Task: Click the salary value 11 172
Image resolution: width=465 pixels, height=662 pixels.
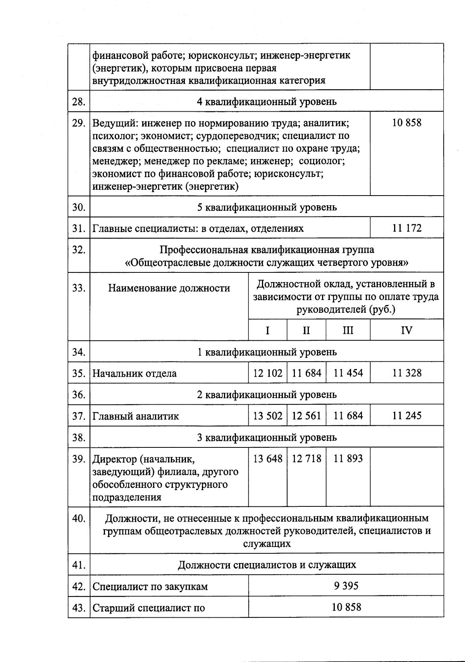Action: [x=406, y=228]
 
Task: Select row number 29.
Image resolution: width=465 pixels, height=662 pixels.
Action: [x=79, y=123]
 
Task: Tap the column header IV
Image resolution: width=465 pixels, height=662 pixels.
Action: [x=406, y=330]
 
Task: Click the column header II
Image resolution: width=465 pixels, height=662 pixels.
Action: [x=306, y=330]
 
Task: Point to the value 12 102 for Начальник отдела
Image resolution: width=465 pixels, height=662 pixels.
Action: [x=268, y=373]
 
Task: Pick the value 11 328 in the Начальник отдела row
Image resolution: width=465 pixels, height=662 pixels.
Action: [x=406, y=373]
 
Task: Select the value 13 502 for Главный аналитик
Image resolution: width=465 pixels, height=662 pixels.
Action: [x=268, y=416]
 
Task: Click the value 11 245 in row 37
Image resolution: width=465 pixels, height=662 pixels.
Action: [x=406, y=416]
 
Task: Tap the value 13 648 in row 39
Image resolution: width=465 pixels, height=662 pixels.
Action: [x=268, y=459]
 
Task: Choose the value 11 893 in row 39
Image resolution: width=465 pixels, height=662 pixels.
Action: [x=348, y=459]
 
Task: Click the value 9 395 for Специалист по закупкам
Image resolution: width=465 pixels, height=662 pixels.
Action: [x=346, y=586]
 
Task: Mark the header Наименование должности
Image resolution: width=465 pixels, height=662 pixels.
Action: [x=169, y=288]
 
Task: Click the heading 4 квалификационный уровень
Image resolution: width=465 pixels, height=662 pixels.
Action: [x=267, y=102]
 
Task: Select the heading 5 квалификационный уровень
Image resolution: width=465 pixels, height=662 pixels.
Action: [x=267, y=207]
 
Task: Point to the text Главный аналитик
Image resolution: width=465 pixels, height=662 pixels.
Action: [x=136, y=416]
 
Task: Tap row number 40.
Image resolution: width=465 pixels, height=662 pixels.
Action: [x=79, y=518]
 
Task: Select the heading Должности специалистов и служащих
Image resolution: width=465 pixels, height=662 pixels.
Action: [x=267, y=565]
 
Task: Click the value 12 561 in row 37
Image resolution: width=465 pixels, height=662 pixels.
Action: [x=306, y=416]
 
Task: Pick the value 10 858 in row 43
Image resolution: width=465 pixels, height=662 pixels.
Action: [x=346, y=607]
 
